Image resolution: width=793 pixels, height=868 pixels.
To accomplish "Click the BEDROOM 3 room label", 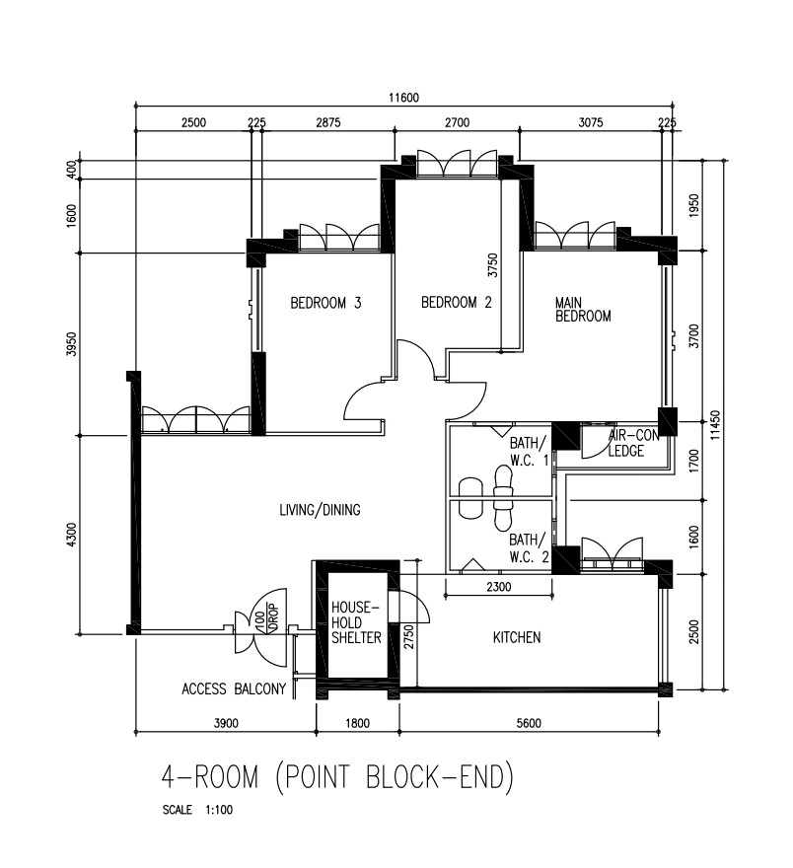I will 325,304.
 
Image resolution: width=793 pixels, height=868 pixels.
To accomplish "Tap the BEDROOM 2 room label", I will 456,303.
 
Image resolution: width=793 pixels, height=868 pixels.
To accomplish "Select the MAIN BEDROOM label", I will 583,310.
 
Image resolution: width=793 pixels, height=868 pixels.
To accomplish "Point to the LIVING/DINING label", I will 320,510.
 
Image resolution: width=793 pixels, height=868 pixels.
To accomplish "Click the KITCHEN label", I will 517,638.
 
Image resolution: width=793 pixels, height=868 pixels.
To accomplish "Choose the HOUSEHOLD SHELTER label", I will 356,623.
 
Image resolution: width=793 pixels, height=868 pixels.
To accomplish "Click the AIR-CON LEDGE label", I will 627,443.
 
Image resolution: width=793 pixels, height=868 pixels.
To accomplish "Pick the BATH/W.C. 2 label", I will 528,547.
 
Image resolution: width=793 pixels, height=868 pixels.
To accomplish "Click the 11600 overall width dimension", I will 403,97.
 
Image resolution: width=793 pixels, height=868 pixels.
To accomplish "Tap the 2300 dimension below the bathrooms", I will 499,588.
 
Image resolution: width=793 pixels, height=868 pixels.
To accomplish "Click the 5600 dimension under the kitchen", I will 529,723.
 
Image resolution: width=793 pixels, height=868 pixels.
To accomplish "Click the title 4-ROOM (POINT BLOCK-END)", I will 338,778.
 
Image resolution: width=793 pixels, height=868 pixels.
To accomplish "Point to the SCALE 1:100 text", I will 198,811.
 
